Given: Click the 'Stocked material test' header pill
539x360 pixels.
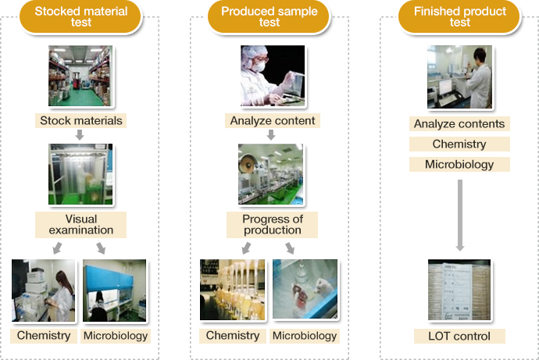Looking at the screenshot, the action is (x=80, y=16).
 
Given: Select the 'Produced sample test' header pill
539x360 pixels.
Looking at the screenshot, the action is (x=269, y=16).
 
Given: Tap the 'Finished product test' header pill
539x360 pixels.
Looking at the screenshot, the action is (x=459, y=16).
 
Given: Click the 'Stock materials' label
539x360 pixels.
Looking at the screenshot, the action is (x=80, y=120).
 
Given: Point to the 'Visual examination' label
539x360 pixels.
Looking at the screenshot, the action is (x=80, y=225).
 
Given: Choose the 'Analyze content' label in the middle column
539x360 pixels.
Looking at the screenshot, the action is (x=273, y=120).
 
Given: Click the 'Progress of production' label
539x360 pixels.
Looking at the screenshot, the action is (x=273, y=225).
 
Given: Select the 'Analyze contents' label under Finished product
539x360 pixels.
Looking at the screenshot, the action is (x=459, y=123).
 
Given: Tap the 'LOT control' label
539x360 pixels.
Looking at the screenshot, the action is (x=459, y=336).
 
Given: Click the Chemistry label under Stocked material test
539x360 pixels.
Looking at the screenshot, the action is (x=44, y=336).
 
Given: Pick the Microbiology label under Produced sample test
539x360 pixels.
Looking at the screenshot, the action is (x=305, y=336).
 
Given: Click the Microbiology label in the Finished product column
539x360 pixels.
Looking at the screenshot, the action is (x=459, y=164).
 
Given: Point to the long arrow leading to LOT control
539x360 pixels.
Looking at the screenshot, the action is (x=460, y=216).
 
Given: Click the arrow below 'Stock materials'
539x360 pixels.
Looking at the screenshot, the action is (x=80, y=134).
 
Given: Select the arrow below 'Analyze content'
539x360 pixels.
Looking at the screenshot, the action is (x=271, y=134).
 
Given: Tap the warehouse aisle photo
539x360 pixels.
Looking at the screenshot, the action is (x=80, y=76).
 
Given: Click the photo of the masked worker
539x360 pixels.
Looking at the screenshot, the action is (x=273, y=76).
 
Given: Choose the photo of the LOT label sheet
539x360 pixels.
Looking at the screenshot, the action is (x=459, y=290).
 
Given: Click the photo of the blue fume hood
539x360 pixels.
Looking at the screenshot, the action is (x=115, y=290).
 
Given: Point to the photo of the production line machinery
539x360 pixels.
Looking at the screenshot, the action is (x=270, y=174).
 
